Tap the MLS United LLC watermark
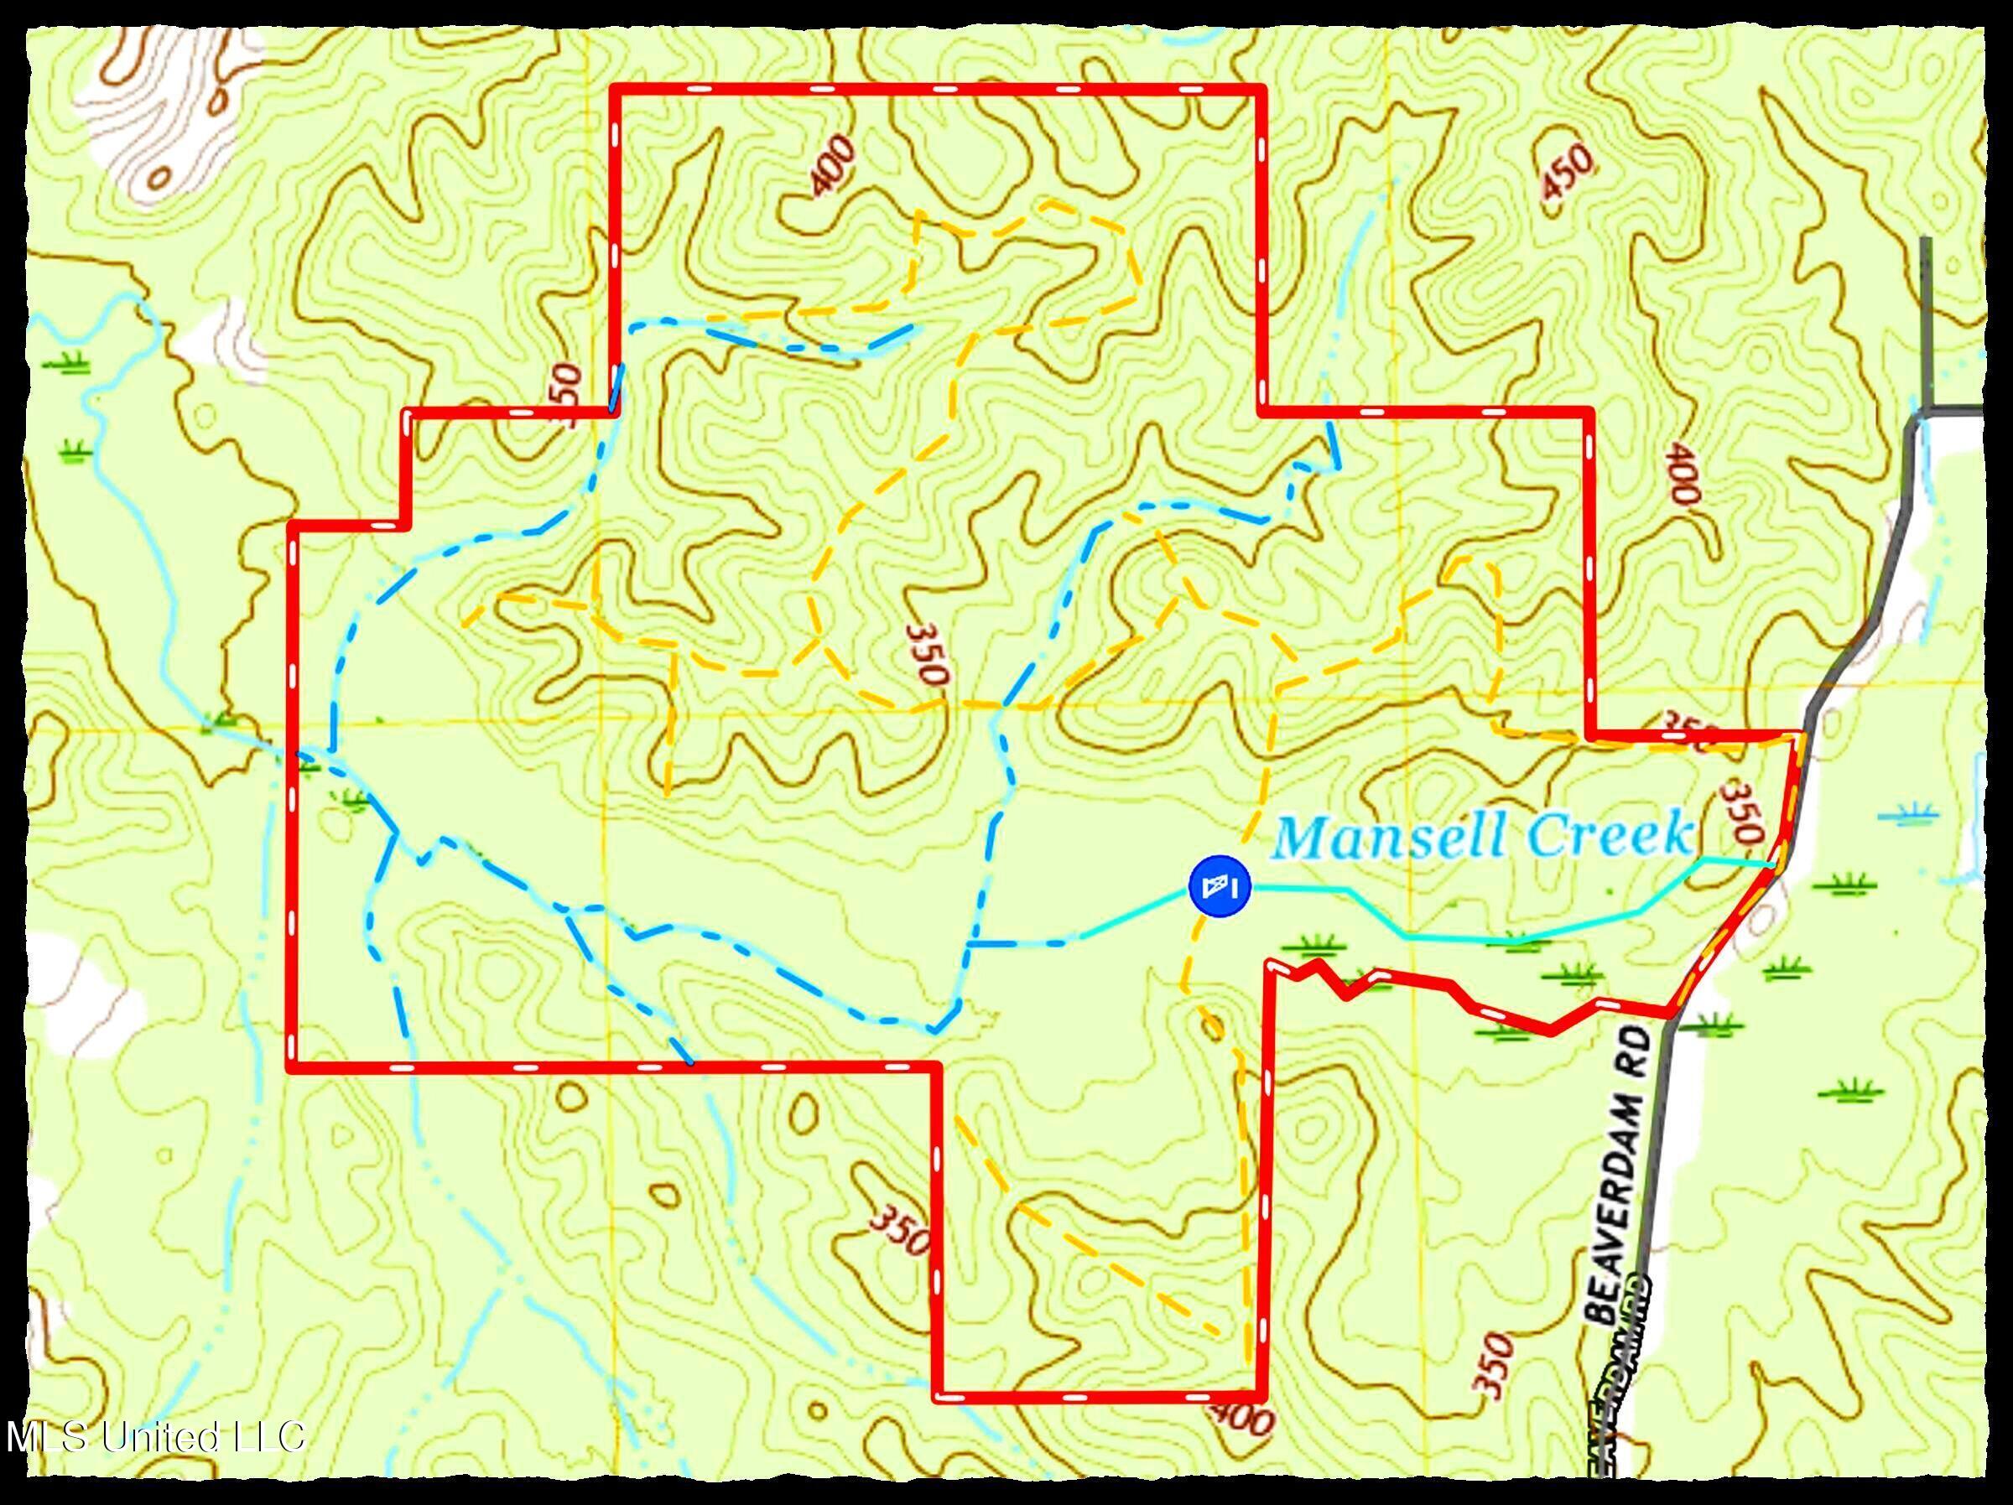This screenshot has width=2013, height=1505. coord(154,1437)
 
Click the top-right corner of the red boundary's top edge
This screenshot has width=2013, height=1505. coord(1261,89)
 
